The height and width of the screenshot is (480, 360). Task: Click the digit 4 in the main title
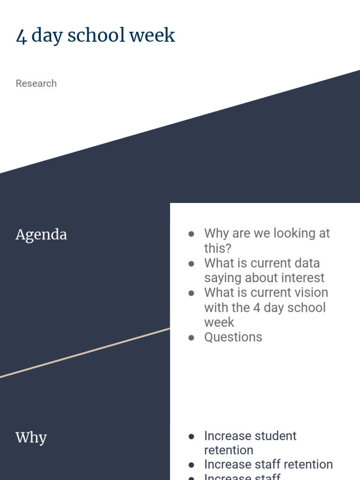click(x=22, y=36)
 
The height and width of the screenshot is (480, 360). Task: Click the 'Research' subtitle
click(x=36, y=83)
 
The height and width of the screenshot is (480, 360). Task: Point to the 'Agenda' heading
click(x=41, y=234)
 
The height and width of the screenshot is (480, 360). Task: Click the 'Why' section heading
click(x=31, y=437)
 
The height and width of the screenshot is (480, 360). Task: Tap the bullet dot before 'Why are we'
click(x=191, y=233)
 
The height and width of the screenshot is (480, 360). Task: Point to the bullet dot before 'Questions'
click(x=191, y=337)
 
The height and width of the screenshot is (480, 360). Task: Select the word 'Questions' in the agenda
click(x=233, y=337)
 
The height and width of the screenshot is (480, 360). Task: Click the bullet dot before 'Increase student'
click(x=191, y=436)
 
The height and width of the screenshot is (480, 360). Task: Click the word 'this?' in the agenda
click(x=218, y=248)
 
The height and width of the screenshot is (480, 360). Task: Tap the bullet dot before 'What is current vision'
click(x=191, y=293)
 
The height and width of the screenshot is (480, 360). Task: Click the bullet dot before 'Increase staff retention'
click(x=191, y=465)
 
